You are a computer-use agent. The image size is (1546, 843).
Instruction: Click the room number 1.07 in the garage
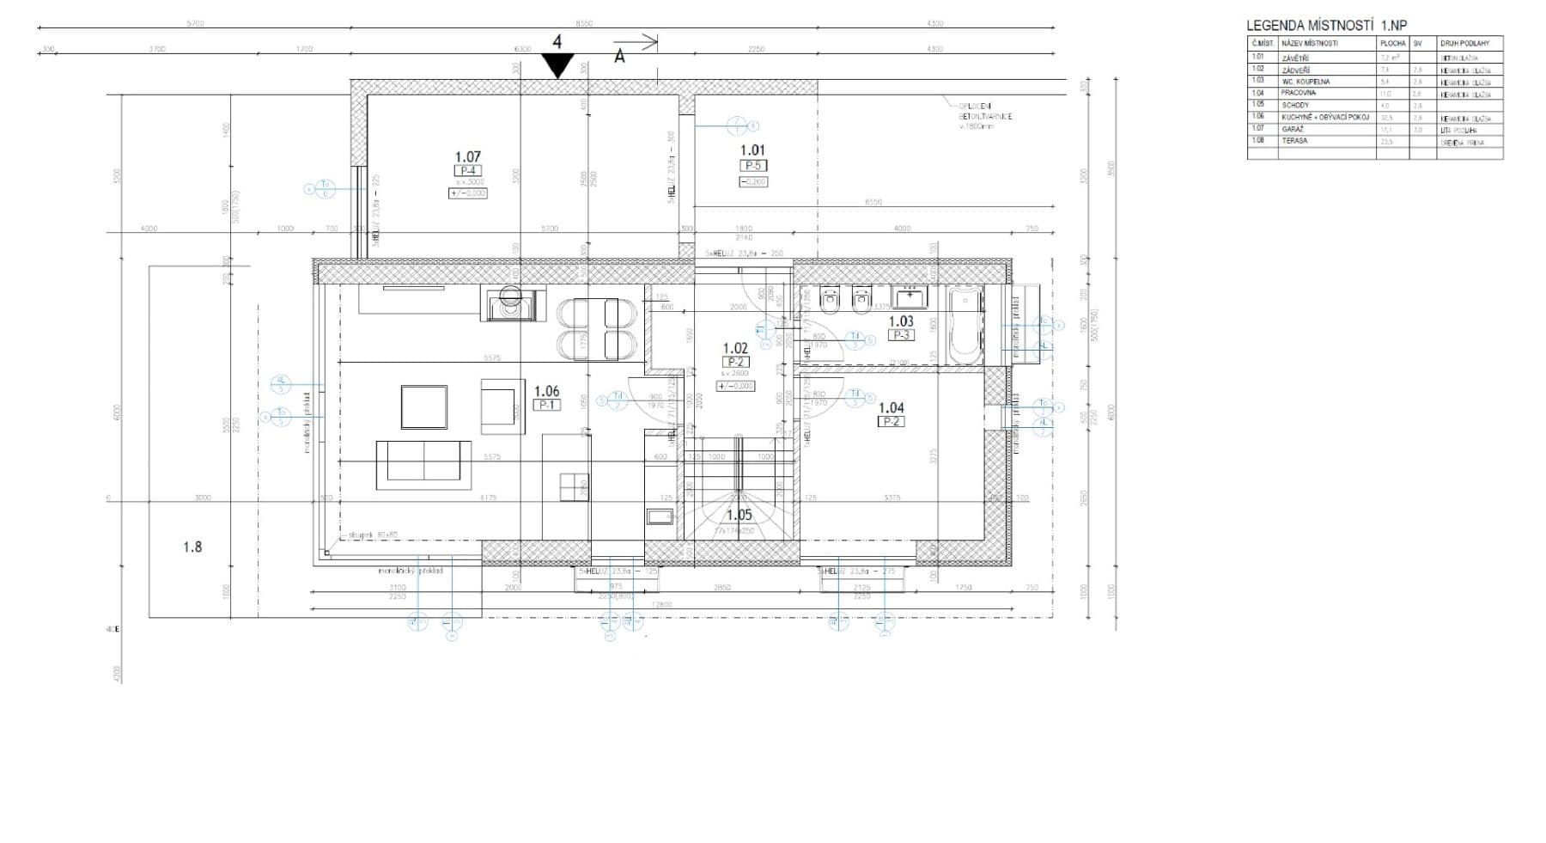click(467, 156)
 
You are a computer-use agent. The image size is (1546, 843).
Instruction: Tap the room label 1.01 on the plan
click(752, 150)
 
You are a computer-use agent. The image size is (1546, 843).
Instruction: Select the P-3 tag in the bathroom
click(901, 335)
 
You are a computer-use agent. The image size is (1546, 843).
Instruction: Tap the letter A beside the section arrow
click(619, 57)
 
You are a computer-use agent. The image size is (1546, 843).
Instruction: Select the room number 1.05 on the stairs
click(739, 515)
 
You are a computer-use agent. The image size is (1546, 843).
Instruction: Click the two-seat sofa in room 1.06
click(423, 463)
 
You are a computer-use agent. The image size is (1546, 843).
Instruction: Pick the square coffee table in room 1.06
click(423, 406)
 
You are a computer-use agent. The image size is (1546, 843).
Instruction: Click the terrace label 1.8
click(192, 547)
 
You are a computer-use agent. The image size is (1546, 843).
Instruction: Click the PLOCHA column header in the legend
click(1392, 43)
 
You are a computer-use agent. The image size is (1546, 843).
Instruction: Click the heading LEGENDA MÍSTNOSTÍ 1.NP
click(1327, 25)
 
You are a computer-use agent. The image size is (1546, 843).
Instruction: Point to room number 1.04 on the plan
click(891, 408)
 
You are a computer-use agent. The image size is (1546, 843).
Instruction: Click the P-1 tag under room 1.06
click(546, 405)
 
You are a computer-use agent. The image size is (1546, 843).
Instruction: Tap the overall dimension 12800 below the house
click(660, 605)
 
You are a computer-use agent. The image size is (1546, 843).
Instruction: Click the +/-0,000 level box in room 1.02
click(735, 386)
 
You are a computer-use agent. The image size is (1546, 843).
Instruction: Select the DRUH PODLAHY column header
click(1470, 43)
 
